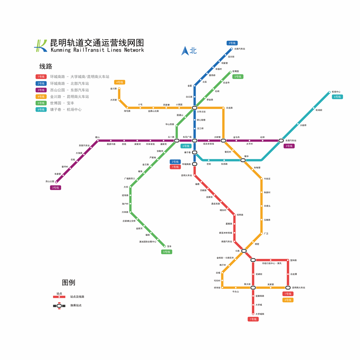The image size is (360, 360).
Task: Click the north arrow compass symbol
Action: pyautogui.click(x=185, y=51)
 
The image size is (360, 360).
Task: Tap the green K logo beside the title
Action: pyautogui.click(x=40, y=45)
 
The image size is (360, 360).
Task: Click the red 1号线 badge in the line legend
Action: pyautogui.click(x=41, y=77)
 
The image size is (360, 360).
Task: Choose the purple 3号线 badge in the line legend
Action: pyautogui.click(x=41, y=90)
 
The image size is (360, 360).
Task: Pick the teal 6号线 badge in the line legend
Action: pyautogui.click(x=41, y=109)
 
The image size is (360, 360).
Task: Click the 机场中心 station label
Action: pyautogui.click(x=335, y=92)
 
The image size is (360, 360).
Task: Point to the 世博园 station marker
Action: pyautogui.click(x=230, y=72)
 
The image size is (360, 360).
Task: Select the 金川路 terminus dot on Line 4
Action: pyautogui.click(x=119, y=88)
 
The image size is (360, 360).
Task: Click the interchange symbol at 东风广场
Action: pyautogui.click(x=194, y=141)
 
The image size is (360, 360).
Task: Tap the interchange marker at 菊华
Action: pyautogui.click(x=243, y=160)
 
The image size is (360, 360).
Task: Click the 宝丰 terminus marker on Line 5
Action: pyautogui.click(x=165, y=246)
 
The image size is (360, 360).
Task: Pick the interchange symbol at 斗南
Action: pyautogui.click(x=244, y=251)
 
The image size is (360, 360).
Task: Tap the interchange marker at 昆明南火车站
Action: pyautogui.click(x=288, y=288)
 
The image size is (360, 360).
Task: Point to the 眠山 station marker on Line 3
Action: pyautogui.click(x=98, y=141)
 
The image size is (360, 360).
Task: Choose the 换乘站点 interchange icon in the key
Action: pyautogui.click(x=59, y=305)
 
